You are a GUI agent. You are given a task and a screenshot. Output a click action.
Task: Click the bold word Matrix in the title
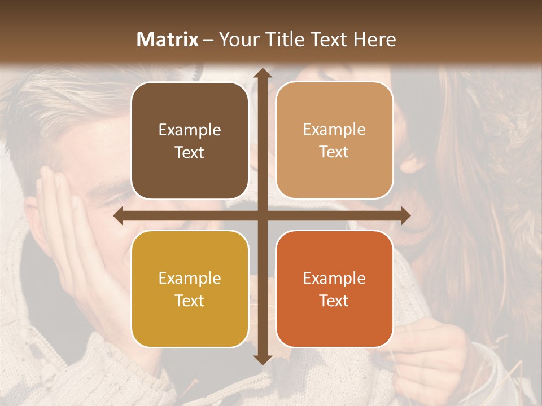(x=168, y=39)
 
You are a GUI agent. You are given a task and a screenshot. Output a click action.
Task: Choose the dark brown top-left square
(x=190, y=141)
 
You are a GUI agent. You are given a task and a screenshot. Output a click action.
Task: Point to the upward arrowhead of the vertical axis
(x=262, y=74)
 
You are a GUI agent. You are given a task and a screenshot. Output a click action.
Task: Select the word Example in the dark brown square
(x=190, y=130)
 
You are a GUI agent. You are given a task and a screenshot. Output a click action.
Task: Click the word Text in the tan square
(x=334, y=152)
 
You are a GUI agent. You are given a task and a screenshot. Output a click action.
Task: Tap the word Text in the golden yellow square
(x=190, y=301)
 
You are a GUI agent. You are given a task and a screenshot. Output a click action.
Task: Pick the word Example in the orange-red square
(x=334, y=279)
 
